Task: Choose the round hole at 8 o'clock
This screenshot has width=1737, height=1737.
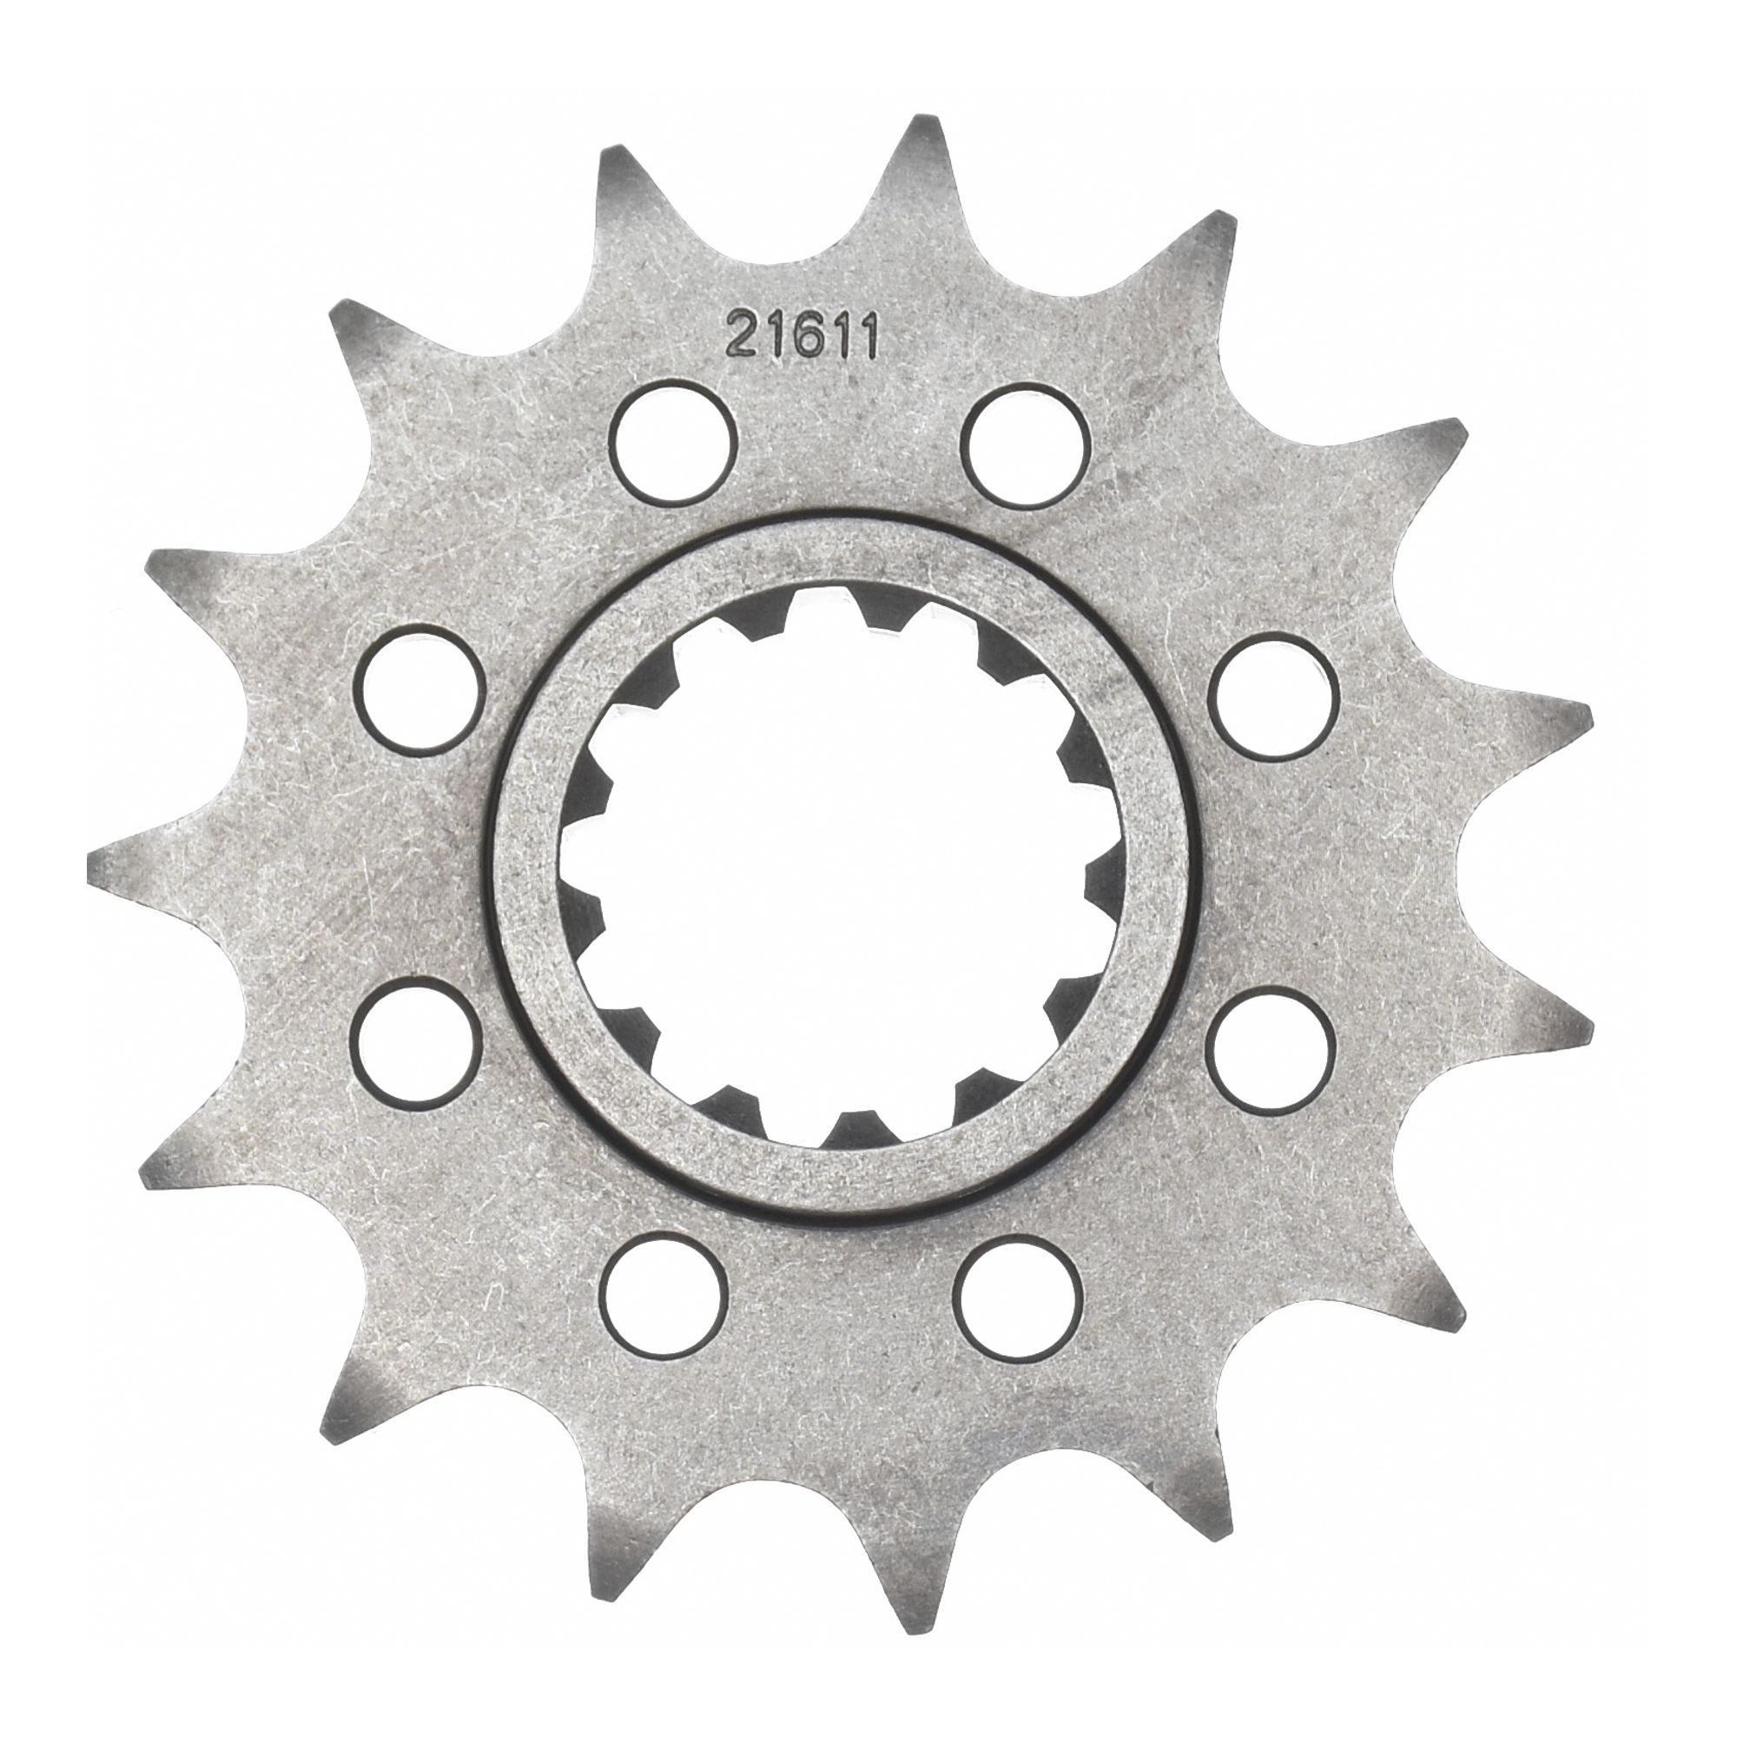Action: tap(415, 1045)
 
